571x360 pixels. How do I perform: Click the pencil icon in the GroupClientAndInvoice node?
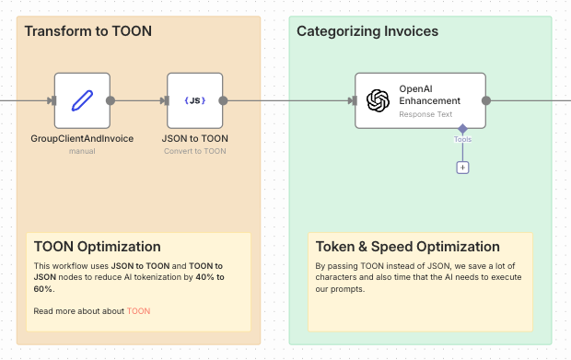click(82, 100)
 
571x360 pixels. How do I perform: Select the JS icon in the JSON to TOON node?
click(194, 100)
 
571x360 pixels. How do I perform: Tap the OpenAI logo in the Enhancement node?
click(378, 100)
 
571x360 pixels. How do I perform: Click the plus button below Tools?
click(462, 168)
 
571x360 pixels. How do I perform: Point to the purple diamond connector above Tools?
click(462, 129)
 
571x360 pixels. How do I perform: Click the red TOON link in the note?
click(138, 311)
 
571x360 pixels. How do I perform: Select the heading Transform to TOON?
click(88, 31)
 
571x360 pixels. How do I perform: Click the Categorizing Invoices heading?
click(367, 31)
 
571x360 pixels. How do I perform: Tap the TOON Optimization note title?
click(98, 247)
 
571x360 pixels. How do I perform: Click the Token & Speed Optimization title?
click(408, 247)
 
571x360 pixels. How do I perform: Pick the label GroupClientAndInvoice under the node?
click(82, 139)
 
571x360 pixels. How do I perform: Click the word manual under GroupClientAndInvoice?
click(82, 151)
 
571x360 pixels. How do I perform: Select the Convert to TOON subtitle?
click(195, 151)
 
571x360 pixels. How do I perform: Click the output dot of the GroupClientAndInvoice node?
click(111, 100)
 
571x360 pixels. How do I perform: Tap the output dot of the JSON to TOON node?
click(223, 100)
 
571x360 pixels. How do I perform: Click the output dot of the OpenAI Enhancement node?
click(486, 100)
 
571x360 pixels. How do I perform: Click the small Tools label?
click(462, 140)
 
